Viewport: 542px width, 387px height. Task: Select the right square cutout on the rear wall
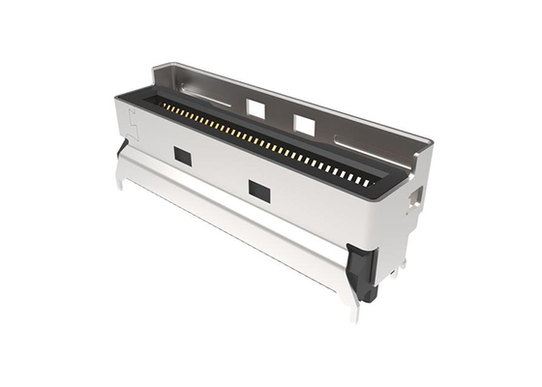coord(304,124)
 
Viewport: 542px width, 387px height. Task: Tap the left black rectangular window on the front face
coord(181,154)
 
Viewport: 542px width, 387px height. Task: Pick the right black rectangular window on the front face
coord(258,190)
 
